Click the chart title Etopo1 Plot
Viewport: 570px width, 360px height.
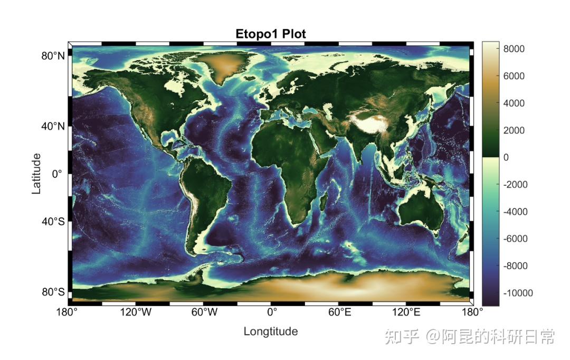point(271,34)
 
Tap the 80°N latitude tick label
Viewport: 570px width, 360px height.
point(53,56)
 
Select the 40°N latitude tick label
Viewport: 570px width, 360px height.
point(53,127)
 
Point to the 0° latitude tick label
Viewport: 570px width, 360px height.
point(57,174)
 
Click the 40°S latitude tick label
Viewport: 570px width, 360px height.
point(53,222)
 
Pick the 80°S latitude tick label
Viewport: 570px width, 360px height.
point(53,292)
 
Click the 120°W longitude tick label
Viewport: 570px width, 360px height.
point(136,312)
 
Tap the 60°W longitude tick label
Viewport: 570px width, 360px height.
point(205,312)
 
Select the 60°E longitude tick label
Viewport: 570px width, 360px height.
point(339,312)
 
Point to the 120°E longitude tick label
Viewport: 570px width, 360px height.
point(406,312)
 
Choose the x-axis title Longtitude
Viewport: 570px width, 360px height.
point(271,331)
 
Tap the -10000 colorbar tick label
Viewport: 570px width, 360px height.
point(517,293)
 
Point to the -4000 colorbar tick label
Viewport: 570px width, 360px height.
point(515,212)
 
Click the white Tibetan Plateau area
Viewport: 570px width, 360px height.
point(370,122)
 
